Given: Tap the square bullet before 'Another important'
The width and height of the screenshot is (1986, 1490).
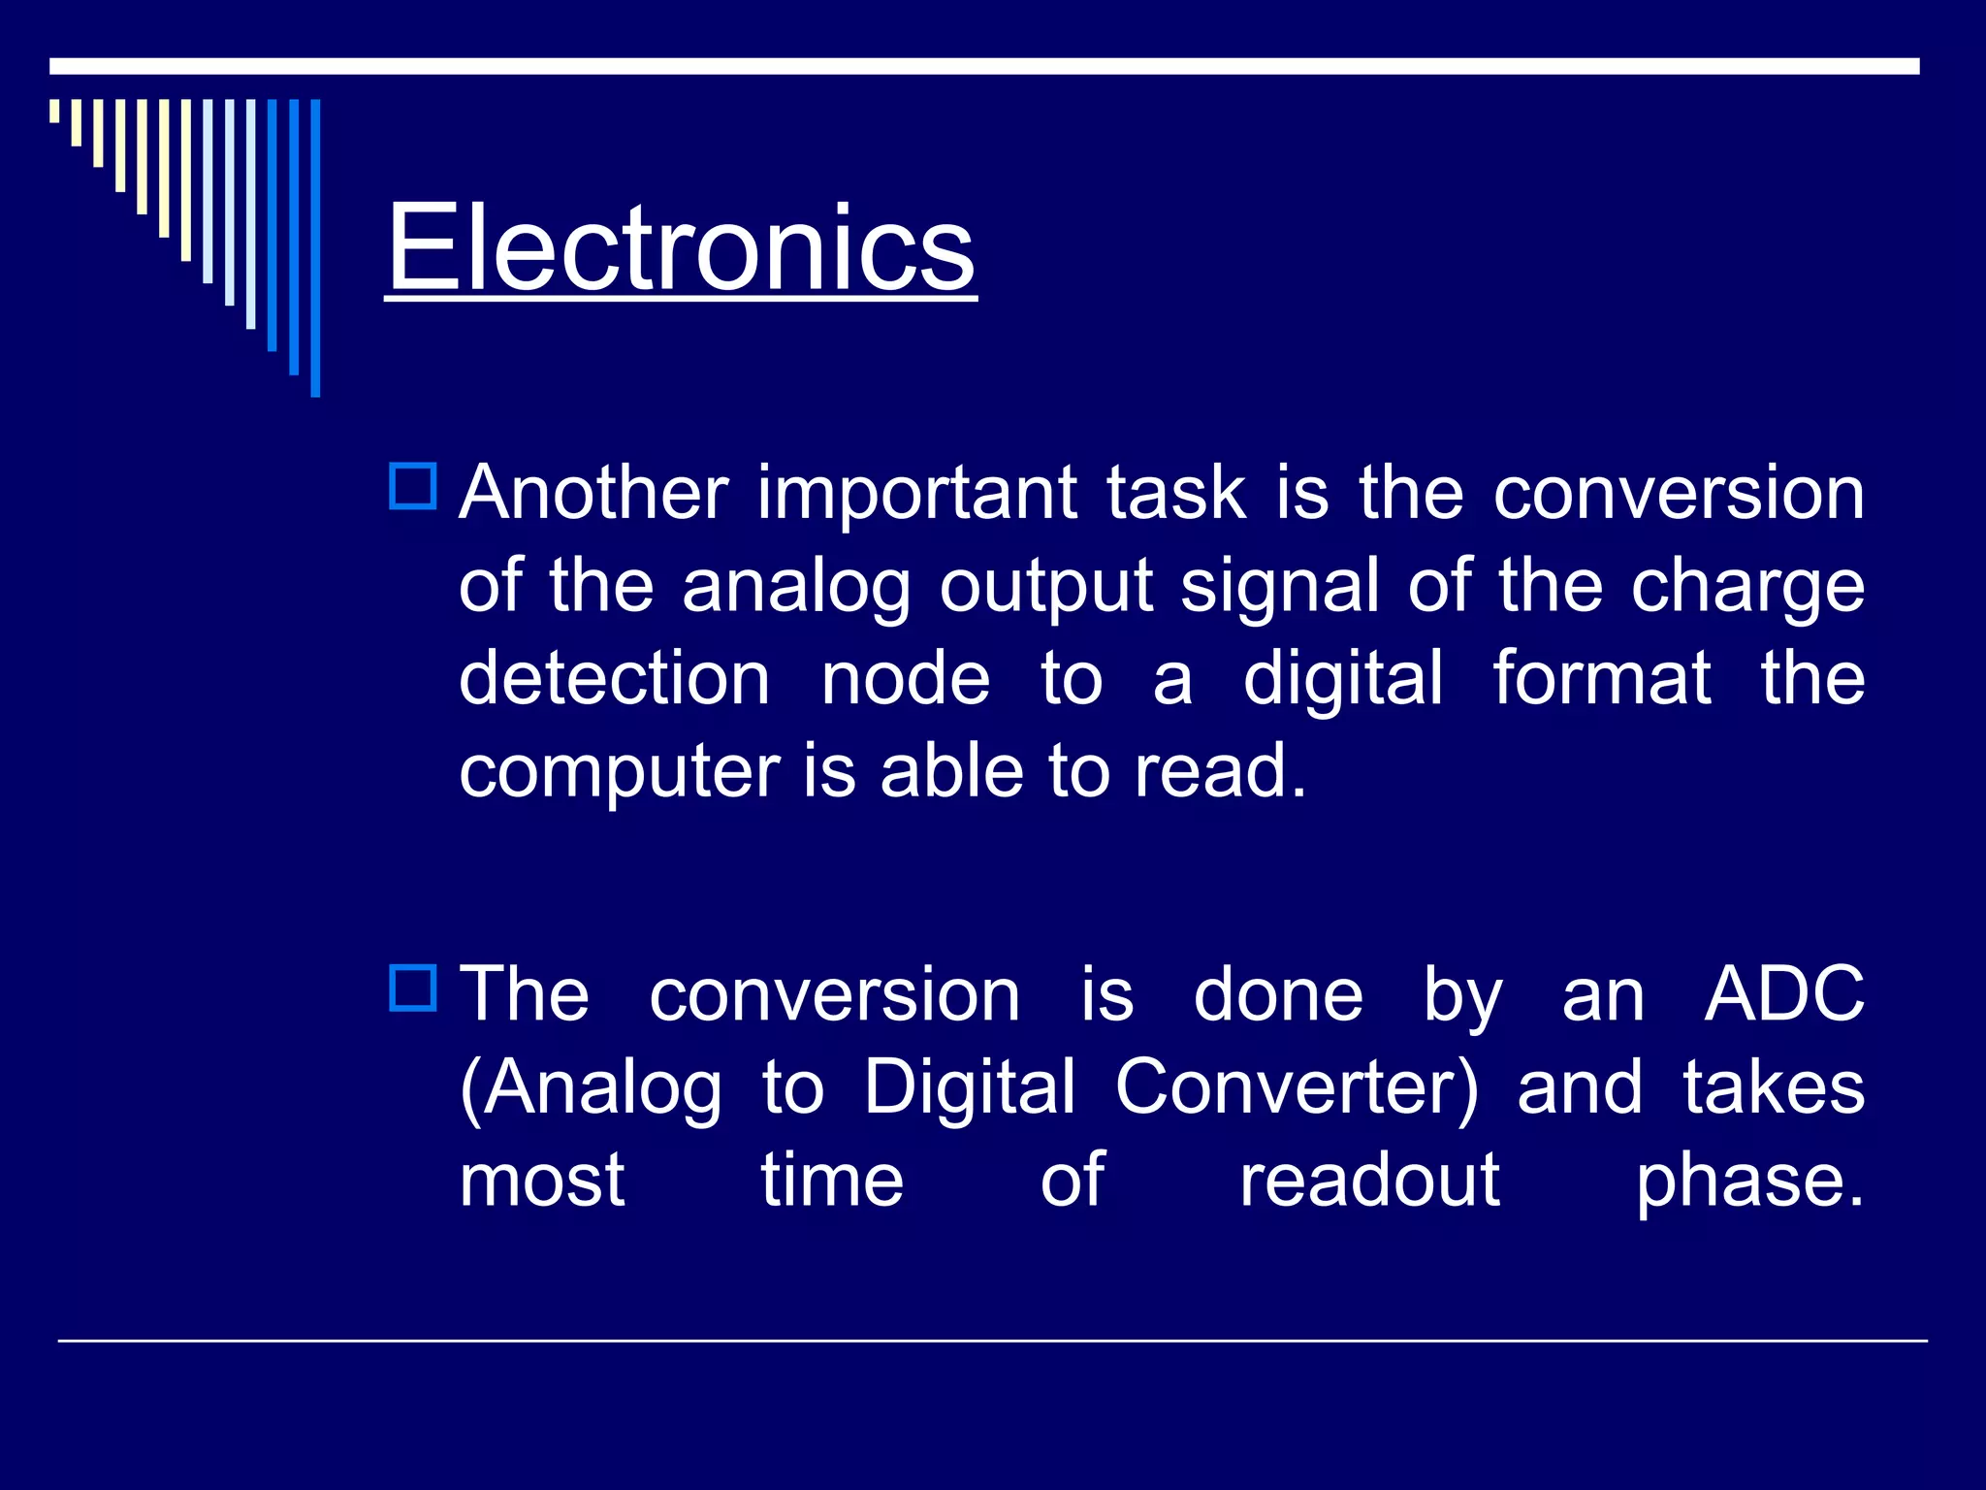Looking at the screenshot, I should pyautogui.click(x=413, y=487).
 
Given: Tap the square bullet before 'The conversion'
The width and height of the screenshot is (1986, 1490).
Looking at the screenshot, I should pyautogui.click(x=413, y=988).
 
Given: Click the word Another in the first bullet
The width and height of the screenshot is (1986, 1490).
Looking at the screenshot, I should pyautogui.click(x=593, y=493).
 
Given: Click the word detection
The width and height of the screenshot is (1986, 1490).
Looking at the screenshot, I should pyautogui.click(x=615, y=678).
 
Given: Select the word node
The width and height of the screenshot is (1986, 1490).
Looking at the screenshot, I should pyautogui.click(x=906, y=678).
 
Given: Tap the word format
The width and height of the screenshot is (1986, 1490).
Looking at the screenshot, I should pyautogui.click(x=1601, y=678).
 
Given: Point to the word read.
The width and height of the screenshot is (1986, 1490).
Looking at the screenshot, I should pyautogui.click(x=1220, y=771).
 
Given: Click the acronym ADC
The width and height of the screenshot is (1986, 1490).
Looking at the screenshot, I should pyautogui.click(x=1784, y=994).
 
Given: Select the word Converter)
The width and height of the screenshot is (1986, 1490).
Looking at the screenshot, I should pyautogui.click(x=1297, y=1087).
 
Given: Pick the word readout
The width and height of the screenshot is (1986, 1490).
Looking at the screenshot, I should pyautogui.click(x=1370, y=1180).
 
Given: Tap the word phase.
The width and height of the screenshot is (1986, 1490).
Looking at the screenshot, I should pyautogui.click(x=1748, y=1182).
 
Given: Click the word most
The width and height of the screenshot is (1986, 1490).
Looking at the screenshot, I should pyautogui.click(x=542, y=1181).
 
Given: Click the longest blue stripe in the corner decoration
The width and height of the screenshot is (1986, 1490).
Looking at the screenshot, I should pyautogui.click(x=315, y=247).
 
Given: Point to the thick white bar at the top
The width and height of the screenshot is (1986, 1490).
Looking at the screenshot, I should pyautogui.click(x=984, y=66).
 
